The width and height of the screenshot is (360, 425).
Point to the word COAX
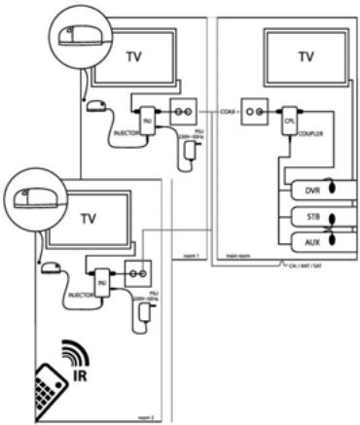click(230, 112)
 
